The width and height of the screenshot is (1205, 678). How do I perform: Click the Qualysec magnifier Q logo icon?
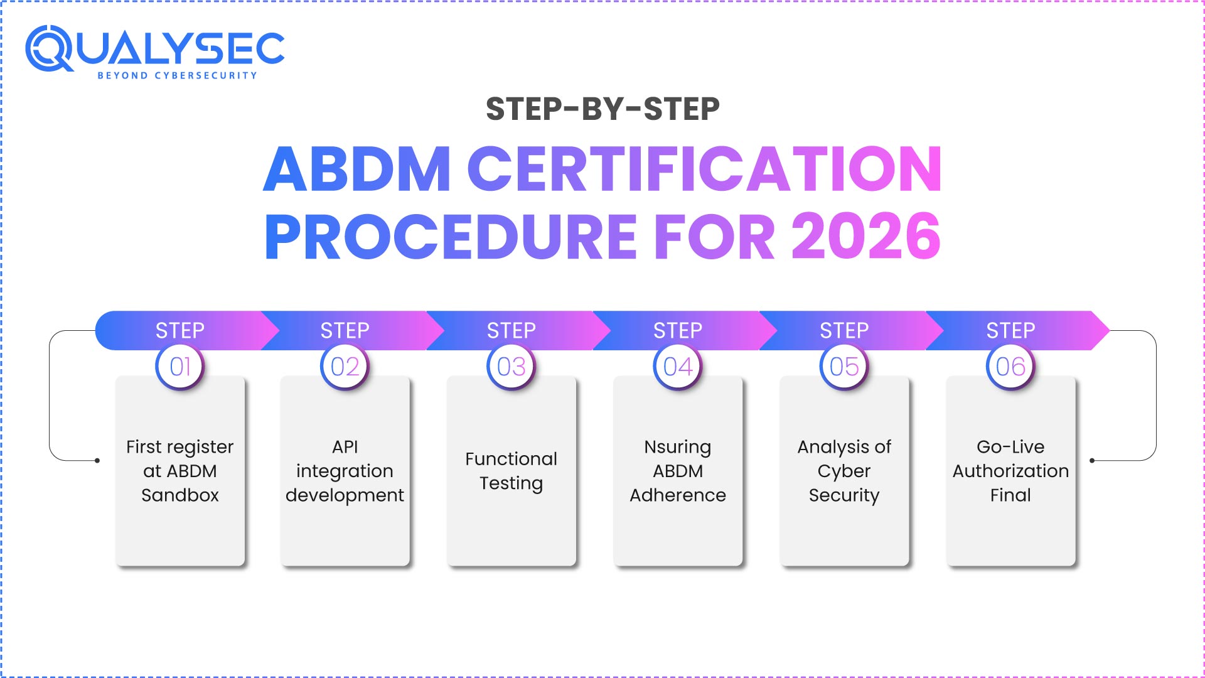coord(49,49)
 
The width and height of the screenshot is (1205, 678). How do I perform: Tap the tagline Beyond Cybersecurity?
coord(177,75)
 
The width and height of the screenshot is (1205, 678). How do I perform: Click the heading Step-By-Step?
coord(602,109)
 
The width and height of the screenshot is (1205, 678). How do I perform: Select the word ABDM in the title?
coord(356,169)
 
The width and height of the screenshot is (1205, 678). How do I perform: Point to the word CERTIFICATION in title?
coord(704,169)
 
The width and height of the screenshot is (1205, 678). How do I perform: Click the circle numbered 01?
coord(180,367)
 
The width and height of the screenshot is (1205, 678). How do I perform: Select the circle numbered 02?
coord(345,367)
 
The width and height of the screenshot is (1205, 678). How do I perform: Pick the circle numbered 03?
coord(511,367)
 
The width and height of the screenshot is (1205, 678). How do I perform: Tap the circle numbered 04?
coord(678,367)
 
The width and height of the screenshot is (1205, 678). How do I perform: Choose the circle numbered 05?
coord(844,367)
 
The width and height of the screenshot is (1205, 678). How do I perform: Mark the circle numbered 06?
coord(1010,367)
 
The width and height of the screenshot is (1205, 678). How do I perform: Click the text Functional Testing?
coord(511,471)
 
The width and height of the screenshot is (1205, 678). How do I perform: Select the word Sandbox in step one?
coord(180,495)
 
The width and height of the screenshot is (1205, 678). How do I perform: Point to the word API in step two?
coord(345,447)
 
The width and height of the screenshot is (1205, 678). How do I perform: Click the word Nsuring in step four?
coord(678,447)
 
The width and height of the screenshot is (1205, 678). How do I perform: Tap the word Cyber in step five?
coord(844,471)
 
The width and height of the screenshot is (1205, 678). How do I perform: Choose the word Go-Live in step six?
coord(1010,447)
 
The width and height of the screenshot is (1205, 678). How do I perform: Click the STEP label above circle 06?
coord(1010,330)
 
